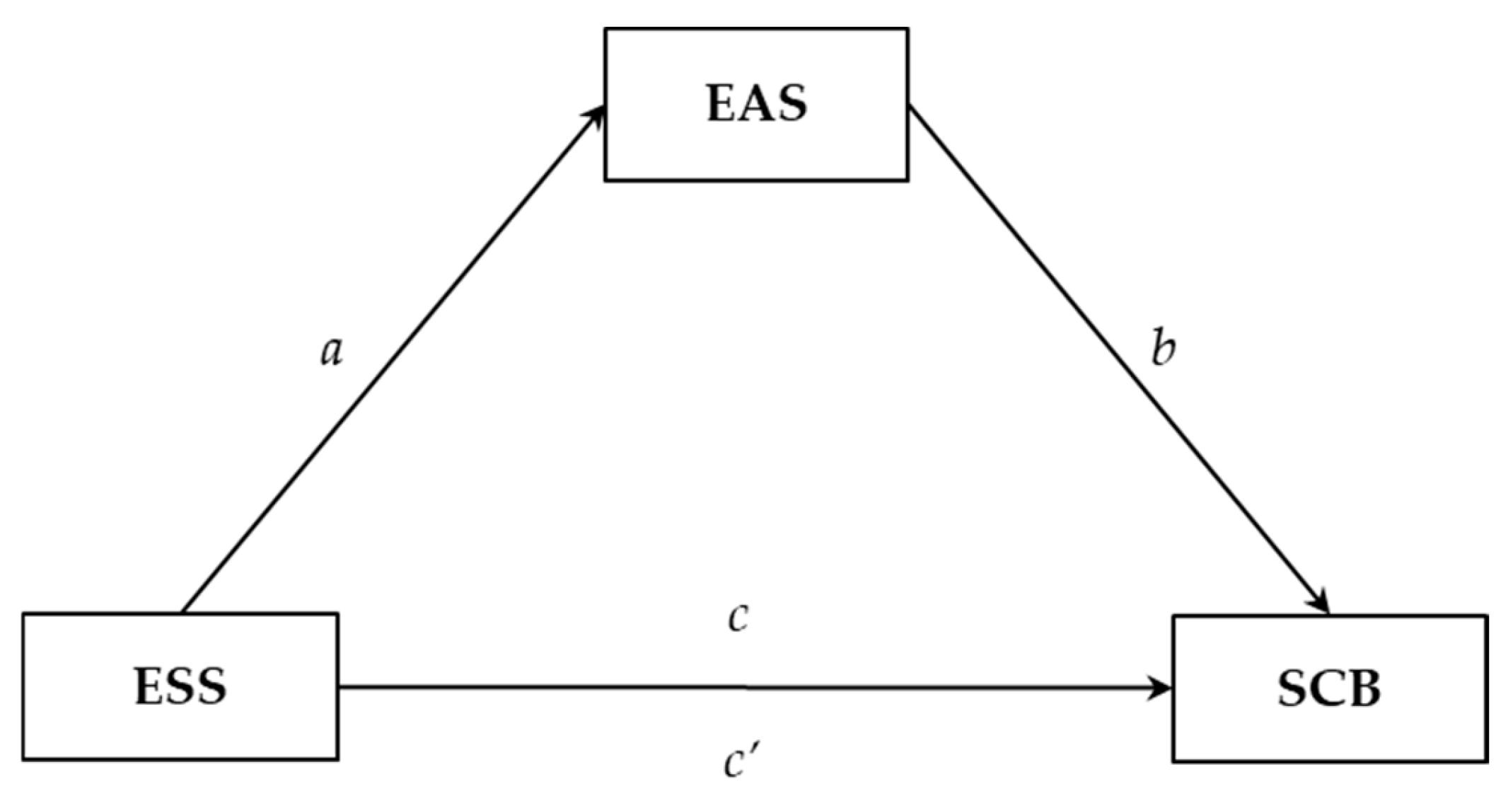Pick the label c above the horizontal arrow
point(738,618)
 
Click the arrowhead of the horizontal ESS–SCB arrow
point(1160,688)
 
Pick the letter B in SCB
point(1363,689)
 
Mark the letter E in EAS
point(721,105)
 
